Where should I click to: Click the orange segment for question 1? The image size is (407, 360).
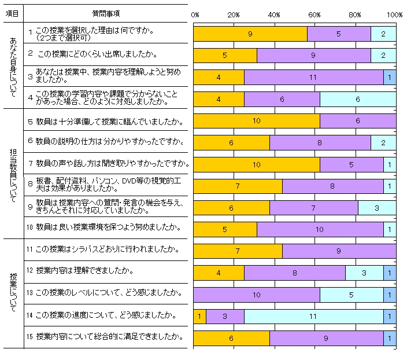click(x=250, y=34)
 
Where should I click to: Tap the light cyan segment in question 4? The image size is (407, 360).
click(x=357, y=99)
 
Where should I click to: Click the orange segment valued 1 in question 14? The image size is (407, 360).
click(x=199, y=317)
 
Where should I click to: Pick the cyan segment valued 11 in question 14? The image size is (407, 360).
click(x=313, y=317)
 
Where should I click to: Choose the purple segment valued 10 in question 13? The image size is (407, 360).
click(x=256, y=295)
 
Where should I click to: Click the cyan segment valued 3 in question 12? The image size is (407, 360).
click(x=364, y=273)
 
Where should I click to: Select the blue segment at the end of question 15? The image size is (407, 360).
click(x=390, y=338)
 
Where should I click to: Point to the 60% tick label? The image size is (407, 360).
click(x=315, y=14)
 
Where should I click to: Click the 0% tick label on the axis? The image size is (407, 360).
click(x=195, y=14)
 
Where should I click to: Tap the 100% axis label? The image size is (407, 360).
click(x=395, y=14)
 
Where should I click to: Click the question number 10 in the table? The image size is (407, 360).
click(x=31, y=227)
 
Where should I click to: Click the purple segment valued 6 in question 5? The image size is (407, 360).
click(x=357, y=121)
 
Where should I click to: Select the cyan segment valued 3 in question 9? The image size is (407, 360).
click(x=377, y=208)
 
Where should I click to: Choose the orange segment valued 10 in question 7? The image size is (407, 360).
click(x=256, y=164)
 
